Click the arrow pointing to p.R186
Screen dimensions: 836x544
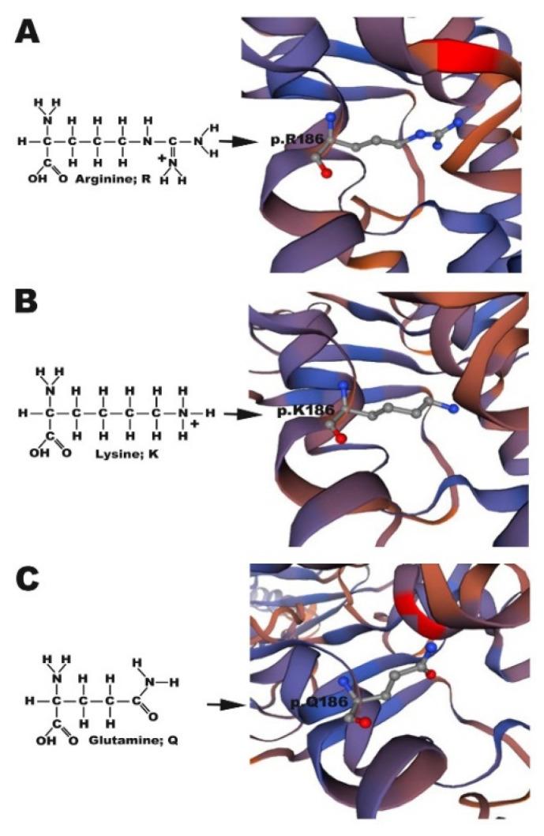pos(237,143)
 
